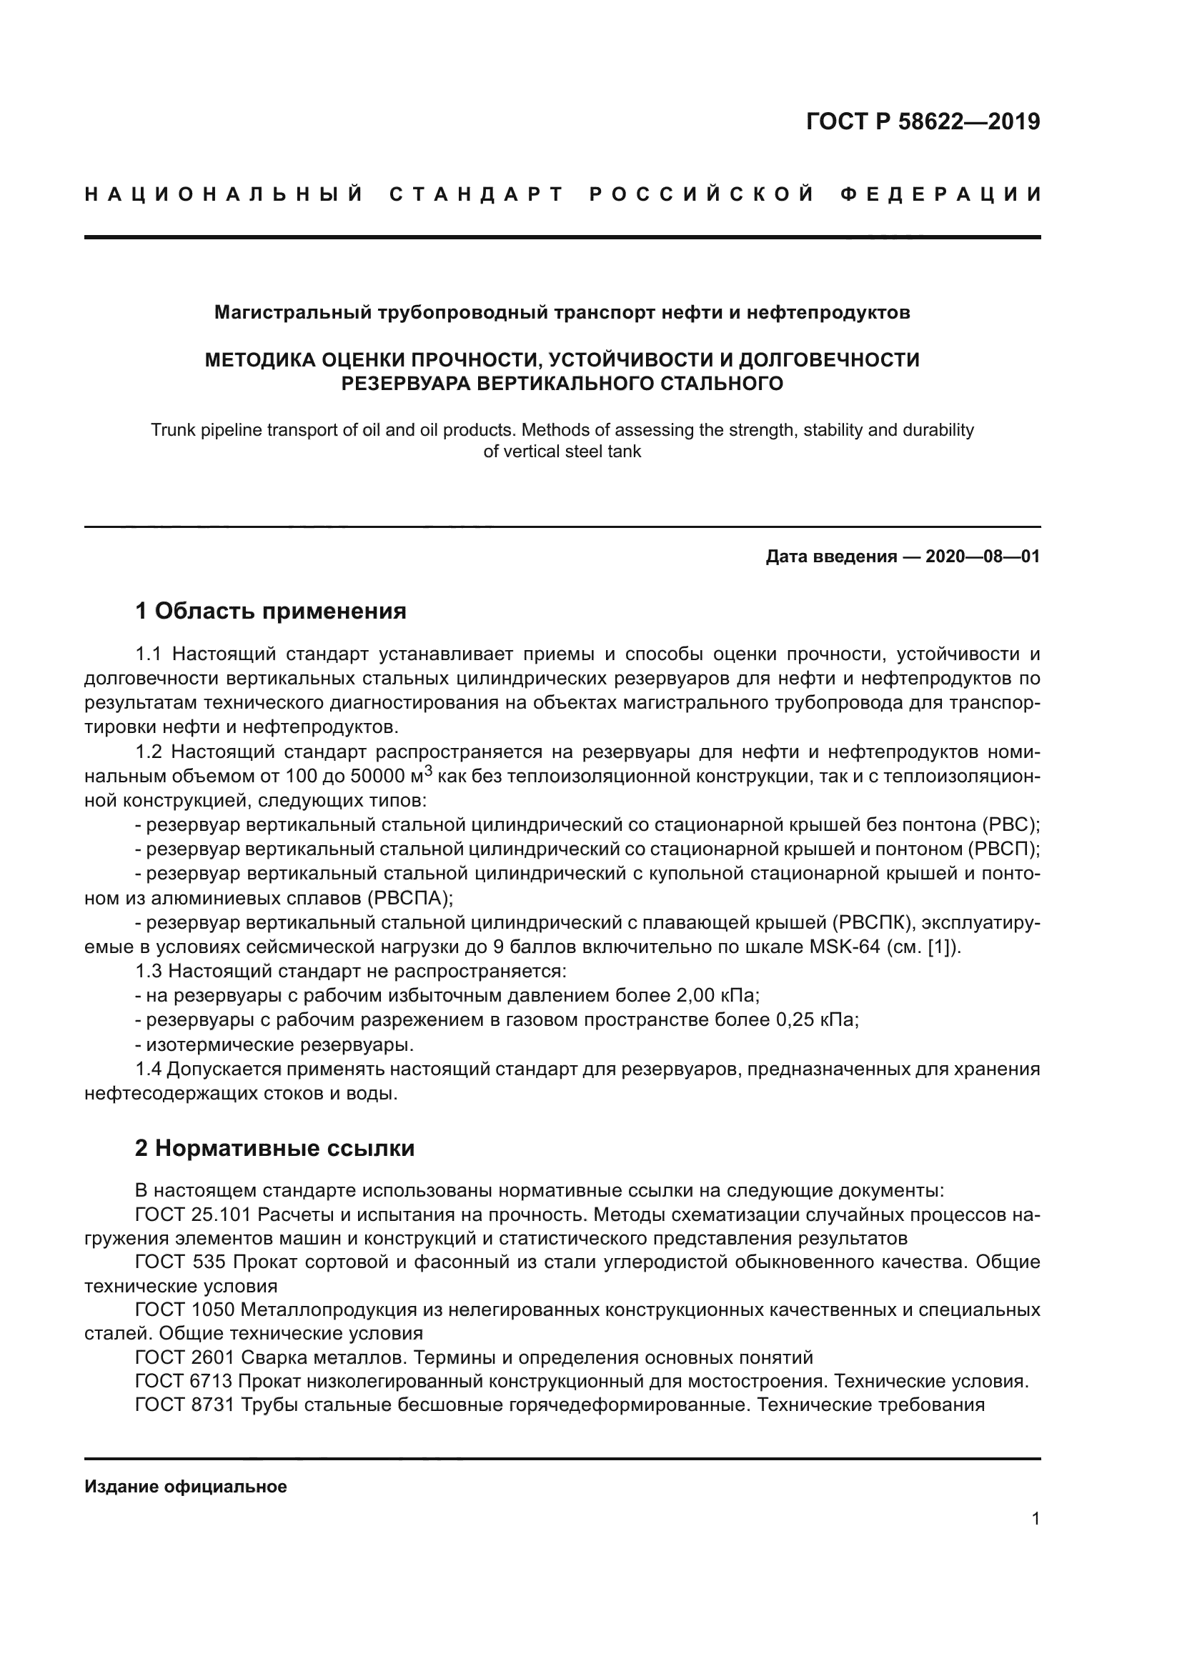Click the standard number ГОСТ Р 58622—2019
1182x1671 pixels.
pyautogui.click(x=922, y=121)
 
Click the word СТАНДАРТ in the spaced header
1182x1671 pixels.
pyautogui.click(x=477, y=194)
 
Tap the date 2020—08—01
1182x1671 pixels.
pyautogui.click(x=982, y=557)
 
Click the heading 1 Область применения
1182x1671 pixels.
pyautogui.click(x=271, y=611)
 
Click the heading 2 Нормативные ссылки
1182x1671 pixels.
pyautogui.click(x=274, y=1149)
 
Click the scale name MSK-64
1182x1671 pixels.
pyautogui.click(x=845, y=947)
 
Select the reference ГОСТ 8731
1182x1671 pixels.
pyautogui.click(x=185, y=1405)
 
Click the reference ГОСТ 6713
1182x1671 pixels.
pyautogui.click(x=184, y=1381)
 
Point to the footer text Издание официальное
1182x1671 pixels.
pyautogui.click(x=186, y=1487)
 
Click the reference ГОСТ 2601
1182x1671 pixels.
pyautogui.click(x=185, y=1357)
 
